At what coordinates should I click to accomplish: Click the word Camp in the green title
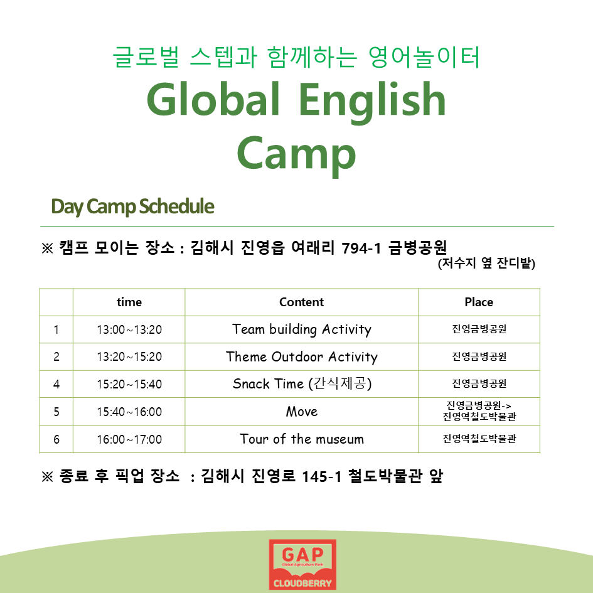coord(296,154)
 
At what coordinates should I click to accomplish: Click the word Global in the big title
coord(213,99)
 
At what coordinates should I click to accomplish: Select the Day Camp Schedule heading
coord(133,206)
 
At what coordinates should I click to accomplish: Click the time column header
coord(129,302)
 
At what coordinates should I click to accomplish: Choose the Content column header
coord(301,302)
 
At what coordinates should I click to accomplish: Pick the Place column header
coord(479,302)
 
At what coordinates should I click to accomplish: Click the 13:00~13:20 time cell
coord(129,330)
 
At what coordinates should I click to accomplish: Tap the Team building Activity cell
coord(301,330)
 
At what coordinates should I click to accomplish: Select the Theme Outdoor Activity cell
coord(301,357)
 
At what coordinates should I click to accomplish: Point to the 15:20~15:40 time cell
coord(129,384)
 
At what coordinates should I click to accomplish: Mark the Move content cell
coord(301,412)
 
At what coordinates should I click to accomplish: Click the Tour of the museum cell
coord(301,439)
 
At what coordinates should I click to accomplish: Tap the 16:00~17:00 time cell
coord(129,439)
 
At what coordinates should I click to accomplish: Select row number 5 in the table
coord(56,412)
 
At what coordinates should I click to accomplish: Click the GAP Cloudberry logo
coord(302,565)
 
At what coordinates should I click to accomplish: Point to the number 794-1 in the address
coord(361,248)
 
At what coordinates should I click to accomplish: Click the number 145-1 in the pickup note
coord(322,476)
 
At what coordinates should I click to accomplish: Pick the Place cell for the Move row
coord(479,411)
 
